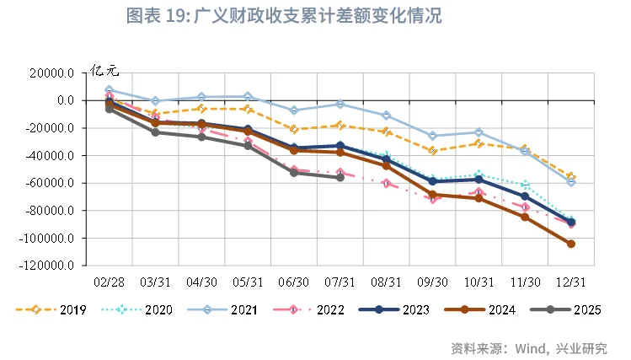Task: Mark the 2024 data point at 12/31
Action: coord(571,244)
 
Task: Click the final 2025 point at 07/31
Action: coord(340,177)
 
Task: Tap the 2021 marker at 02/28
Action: coord(109,89)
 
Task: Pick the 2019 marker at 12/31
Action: coord(571,176)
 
